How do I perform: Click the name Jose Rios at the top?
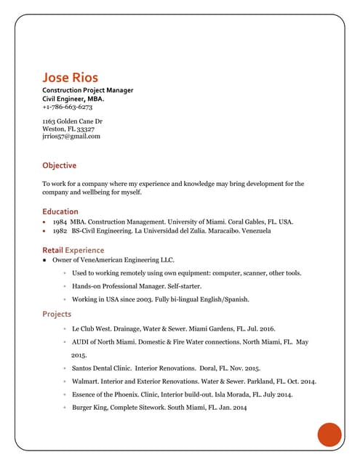(x=70, y=77)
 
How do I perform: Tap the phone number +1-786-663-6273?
(x=67, y=107)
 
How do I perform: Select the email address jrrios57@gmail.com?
(x=71, y=136)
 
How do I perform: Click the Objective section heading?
(x=59, y=166)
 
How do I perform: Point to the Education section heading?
(x=60, y=211)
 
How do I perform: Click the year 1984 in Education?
(x=60, y=221)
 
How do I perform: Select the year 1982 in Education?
(x=60, y=230)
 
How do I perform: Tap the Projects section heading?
(x=57, y=314)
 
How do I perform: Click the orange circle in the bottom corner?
(x=329, y=434)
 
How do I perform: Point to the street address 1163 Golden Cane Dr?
(x=72, y=121)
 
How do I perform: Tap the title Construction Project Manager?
(x=88, y=90)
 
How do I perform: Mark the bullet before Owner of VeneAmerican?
(x=44, y=259)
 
